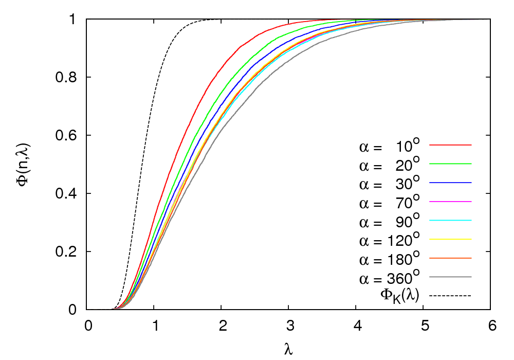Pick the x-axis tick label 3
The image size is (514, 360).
click(289, 326)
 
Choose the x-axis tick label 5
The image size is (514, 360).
click(424, 326)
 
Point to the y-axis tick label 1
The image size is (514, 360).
click(74, 20)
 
